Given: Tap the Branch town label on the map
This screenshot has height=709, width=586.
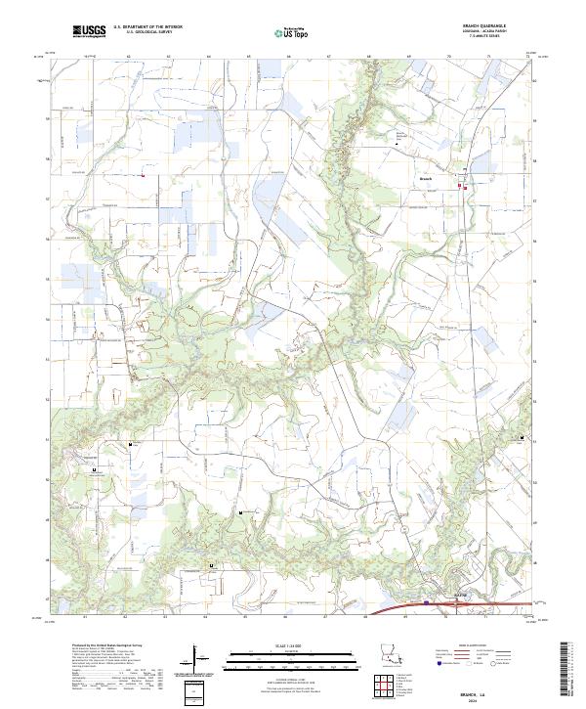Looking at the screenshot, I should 425,179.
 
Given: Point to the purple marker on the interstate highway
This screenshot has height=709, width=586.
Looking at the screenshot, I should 426,603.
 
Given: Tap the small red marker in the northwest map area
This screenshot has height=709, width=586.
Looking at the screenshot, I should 143,176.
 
